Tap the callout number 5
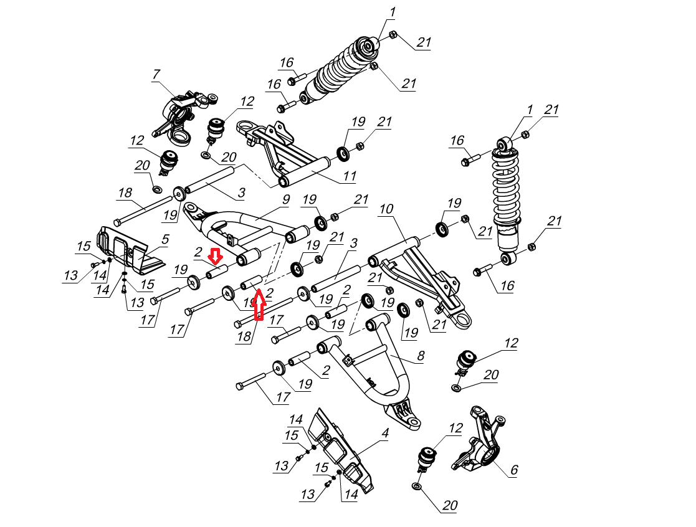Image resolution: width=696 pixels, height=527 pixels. coord(165,239)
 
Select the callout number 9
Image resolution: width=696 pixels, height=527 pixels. coord(286,200)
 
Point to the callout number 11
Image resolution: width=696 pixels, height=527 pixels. coord(350,176)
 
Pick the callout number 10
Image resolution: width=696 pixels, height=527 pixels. coord(386,209)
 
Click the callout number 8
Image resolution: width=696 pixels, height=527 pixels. coord(421,356)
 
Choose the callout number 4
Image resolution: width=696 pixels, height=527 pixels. coord(384,432)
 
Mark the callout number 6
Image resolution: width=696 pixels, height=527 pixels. coord(513,470)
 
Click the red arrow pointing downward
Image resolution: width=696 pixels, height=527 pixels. coord(215,255)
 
